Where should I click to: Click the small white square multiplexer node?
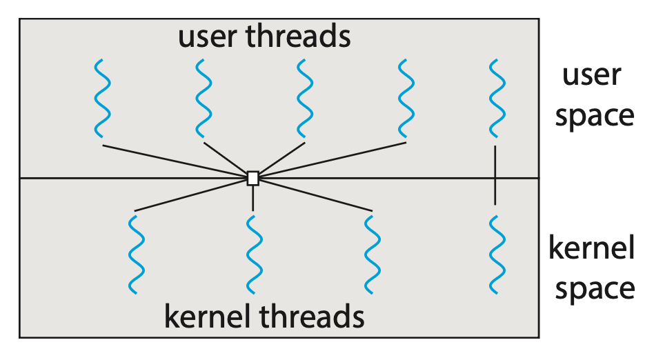click(253, 178)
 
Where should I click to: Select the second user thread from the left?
click(204, 99)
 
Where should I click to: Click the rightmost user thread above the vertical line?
click(495, 99)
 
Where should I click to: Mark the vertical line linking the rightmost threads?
click(495, 175)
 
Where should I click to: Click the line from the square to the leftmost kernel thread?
click(193, 194)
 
